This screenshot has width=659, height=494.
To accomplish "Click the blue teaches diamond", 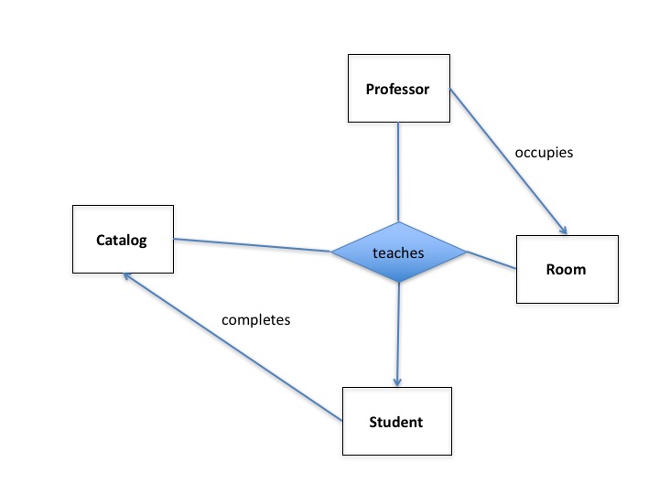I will click(399, 252).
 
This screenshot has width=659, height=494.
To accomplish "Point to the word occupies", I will click(543, 153).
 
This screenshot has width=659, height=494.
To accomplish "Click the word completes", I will click(255, 320).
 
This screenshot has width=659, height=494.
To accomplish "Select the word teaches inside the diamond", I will click(399, 252).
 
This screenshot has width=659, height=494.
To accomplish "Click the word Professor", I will click(397, 90).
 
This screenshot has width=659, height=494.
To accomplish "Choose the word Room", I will click(566, 270).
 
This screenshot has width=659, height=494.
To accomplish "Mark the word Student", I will click(395, 422).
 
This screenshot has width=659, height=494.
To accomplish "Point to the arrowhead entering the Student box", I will click(397, 381).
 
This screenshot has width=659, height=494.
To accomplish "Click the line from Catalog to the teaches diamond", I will click(252, 244).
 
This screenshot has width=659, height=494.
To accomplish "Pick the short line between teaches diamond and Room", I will click(492, 260).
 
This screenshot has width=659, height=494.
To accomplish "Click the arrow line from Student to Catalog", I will click(233, 349).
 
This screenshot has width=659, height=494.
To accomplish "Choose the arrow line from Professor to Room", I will click(509, 161).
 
